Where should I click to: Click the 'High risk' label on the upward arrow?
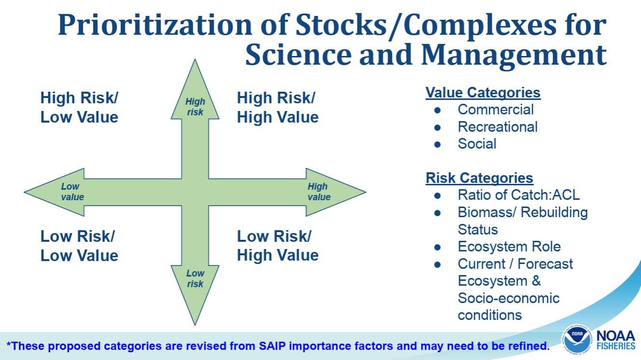click(195, 107)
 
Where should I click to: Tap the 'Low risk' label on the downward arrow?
click(195, 278)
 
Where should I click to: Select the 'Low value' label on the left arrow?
click(72, 192)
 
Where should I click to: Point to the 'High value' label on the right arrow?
click(319, 192)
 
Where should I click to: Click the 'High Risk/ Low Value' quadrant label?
click(79, 107)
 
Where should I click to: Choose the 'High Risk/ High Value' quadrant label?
click(278, 107)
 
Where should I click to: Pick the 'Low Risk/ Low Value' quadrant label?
click(79, 246)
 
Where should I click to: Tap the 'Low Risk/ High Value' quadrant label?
click(278, 246)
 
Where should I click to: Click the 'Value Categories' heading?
click(483, 93)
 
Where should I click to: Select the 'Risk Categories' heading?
click(479, 178)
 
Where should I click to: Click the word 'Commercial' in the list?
click(496, 110)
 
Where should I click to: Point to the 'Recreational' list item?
click(498, 127)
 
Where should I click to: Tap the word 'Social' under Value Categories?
click(477, 144)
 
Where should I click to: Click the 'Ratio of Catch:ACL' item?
click(519, 195)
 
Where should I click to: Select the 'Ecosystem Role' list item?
click(509, 247)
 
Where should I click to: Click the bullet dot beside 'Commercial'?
click(437, 110)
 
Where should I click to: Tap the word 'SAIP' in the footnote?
click(272, 346)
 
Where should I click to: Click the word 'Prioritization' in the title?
click(155, 25)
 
